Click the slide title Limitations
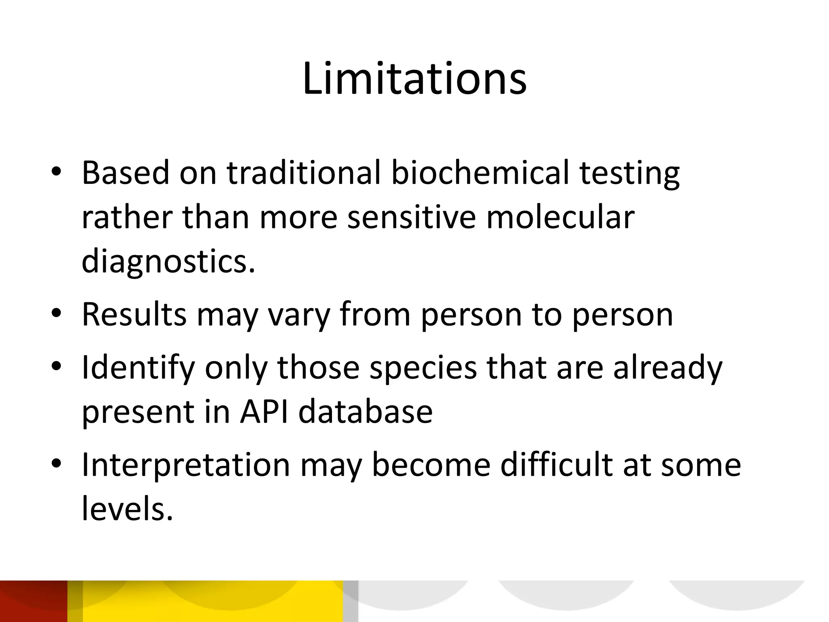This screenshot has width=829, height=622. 414,79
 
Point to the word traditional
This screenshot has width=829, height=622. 303,173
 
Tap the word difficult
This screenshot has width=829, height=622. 556,464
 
